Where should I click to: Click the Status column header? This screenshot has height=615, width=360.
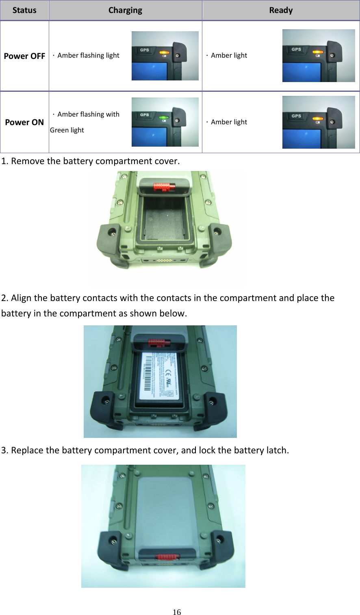pos(24,11)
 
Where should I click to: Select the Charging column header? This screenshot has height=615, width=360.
pos(125,11)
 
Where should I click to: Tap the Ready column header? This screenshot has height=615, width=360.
pos(281,11)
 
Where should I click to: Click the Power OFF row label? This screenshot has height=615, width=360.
pos(24,56)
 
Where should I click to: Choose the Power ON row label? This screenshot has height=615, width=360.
pos(24,122)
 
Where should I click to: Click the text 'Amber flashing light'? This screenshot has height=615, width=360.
pos(88,55)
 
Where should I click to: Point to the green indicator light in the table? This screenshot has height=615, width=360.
pos(164,117)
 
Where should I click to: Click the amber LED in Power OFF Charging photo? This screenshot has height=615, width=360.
pos(164,52)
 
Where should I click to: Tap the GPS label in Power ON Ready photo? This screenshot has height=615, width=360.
pos(296,116)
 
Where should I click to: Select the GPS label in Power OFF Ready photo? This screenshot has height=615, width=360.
pos(296,49)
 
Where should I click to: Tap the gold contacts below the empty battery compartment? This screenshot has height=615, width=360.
pos(164,260)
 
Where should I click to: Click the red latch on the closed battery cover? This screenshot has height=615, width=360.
pos(167,557)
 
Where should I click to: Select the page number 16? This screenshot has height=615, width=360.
pos(177,612)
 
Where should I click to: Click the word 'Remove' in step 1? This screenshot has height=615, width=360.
pos(28,161)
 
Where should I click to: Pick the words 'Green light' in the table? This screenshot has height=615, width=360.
pos(67,130)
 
